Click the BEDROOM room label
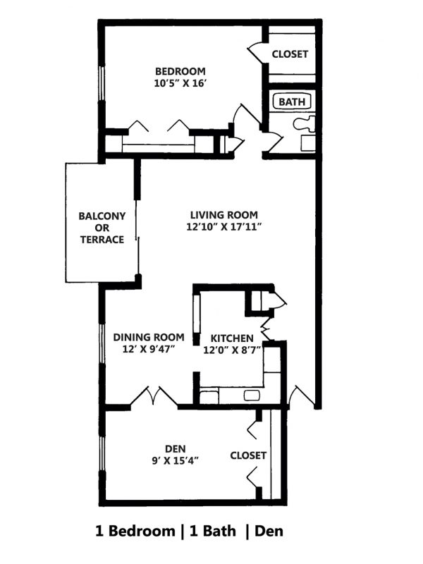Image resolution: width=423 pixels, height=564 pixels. (x=180, y=71)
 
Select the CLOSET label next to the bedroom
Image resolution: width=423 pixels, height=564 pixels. (x=290, y=54)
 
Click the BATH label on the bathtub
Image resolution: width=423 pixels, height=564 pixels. (x=292, y=102)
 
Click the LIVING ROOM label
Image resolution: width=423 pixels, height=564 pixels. (x=223, y=215)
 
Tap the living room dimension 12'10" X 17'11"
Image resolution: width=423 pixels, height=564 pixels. (x=223, y=227)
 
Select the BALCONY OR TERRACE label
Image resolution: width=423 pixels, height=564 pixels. (x=102, y=228)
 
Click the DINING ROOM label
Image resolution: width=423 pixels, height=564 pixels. (x=149, y=337)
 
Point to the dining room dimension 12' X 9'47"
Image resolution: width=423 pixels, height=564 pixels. (x=149, y=349)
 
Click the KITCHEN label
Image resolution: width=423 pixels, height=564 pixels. (x=232, y=337)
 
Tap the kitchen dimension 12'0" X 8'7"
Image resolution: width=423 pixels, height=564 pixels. (x=232, y=349)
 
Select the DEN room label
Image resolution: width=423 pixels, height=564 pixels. (x=175, y=448)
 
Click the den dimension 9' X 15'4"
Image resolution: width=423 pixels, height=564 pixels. (x=175, y=460)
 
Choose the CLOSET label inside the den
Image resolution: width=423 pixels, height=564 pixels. (x=248, y=455)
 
